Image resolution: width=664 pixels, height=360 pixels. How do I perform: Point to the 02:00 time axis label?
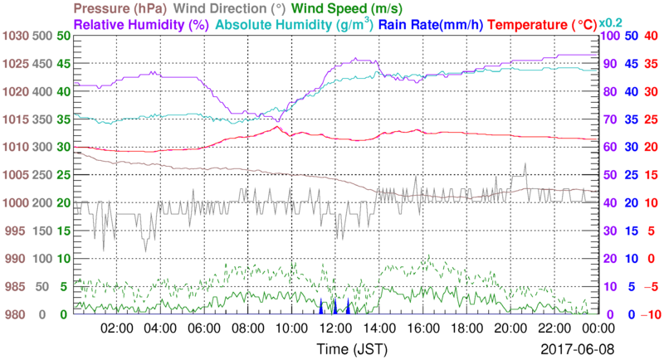117,328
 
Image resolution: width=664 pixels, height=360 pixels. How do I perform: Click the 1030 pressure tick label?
16,36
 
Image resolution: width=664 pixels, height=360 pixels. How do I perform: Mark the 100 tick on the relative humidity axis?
608,36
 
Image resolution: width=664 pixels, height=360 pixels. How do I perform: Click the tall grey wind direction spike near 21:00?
525,166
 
